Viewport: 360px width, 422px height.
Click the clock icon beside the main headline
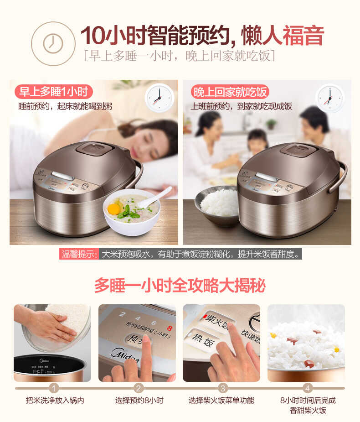(x=53, y=43)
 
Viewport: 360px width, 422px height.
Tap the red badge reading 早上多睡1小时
(x=54, y=92)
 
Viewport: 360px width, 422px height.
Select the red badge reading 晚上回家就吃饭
(x=230, y=92)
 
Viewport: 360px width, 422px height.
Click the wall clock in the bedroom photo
(x=159, y=98)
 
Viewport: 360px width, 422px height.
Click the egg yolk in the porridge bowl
(x=114, y=209)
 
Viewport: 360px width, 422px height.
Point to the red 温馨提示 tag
(x=80, y=254)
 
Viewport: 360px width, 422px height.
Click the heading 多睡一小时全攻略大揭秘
(x=180, y=285)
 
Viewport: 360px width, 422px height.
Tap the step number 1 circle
(x=54, y=388)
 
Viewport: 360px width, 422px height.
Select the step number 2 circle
(x=139, y=388)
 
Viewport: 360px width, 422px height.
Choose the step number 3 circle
(x=222, y=388)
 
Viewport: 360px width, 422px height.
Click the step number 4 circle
(x=308, y=388)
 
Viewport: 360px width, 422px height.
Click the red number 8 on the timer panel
(x=169, y=328)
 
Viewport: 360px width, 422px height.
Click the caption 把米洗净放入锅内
(x=55, y=401)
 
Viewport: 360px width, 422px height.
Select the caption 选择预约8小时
(x=139, y=401)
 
